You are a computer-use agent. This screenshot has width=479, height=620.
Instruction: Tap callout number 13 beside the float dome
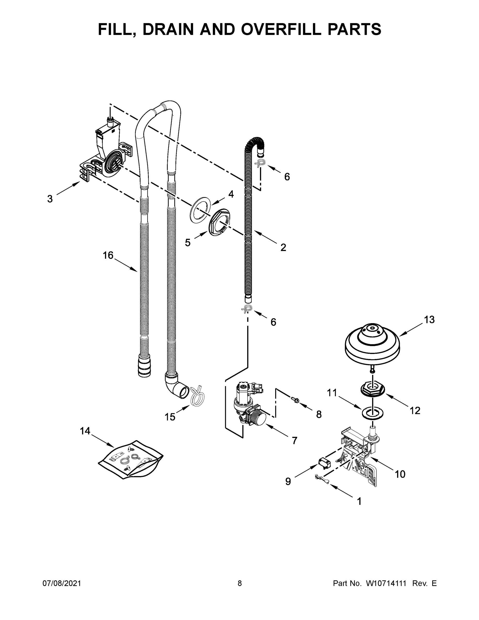pyautogui.click(x=429, y=320)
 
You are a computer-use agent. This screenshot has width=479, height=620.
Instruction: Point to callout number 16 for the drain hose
pyautogui.click(x=108, y=255)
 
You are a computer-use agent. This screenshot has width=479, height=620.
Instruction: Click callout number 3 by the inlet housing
pyautogui.click(x=50, y=199)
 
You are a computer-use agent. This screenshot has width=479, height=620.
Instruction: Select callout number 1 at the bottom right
pyautogui.click(x=359, y=502)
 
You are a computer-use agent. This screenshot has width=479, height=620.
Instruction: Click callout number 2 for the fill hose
pyautogui.click(x=283, y=247)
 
